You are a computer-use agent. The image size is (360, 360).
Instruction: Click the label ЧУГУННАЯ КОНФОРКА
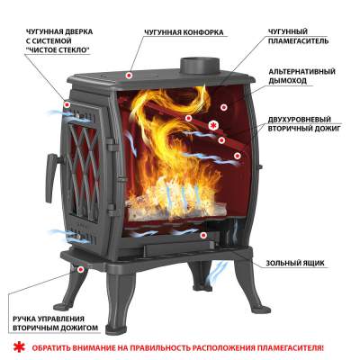[x=184, y=32]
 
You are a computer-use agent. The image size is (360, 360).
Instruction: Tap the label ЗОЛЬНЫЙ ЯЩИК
[x=295, y=264]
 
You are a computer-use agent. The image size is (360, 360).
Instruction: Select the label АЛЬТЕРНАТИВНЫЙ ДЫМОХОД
[x=301, y=76]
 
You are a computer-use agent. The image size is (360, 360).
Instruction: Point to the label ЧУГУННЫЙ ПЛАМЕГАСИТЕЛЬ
[x=298, y=36]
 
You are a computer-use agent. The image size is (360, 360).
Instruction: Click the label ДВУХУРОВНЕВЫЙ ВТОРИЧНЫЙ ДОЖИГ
[x=304, y=124]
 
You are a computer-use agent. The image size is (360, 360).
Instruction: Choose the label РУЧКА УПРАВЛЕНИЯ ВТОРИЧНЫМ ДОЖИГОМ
[x=56, y=323]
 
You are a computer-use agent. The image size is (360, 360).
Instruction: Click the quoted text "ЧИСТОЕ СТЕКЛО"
[x=58, y=49]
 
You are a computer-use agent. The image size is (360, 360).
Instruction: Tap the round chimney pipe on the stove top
[x=200, y=66]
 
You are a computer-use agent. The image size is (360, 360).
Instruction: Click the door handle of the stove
[x=52, y=177]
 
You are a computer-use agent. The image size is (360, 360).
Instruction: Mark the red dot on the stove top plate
[x=130, y=75]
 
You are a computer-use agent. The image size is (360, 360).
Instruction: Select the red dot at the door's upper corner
[x=67, y=104]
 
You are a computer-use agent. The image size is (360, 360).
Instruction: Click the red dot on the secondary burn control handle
[x=80, y=269]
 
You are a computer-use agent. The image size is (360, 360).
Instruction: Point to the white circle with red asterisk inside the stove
[x=213, y=126]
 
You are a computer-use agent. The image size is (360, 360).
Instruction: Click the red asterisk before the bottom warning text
[x=20, y=347]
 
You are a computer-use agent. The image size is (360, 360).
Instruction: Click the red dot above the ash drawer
[x=204, y=235]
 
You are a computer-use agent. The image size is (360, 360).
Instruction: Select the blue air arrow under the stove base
[x=218, y=270]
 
